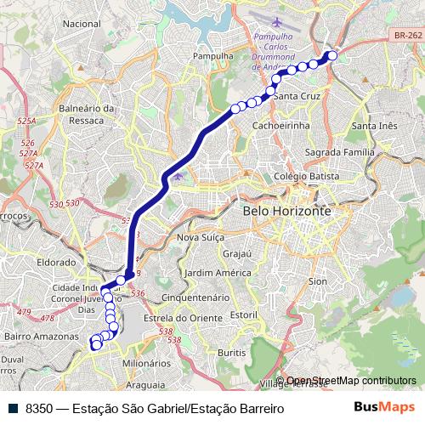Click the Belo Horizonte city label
286,210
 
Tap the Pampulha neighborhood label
212,57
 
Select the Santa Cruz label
297,96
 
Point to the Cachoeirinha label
282,125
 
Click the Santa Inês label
374,126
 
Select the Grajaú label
237,253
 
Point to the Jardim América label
212,273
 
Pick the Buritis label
231,351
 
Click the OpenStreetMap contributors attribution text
351,381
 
